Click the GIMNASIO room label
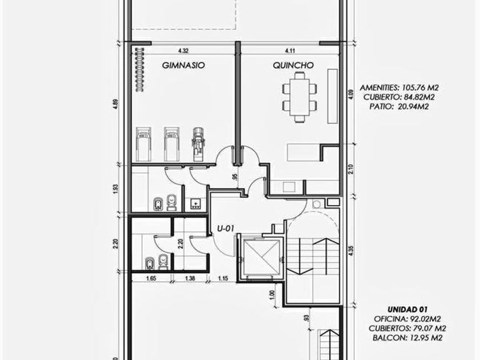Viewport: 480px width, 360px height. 183,65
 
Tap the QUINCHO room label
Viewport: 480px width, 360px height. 293,65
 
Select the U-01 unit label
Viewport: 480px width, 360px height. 226,229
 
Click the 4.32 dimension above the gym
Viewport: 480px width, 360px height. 183,51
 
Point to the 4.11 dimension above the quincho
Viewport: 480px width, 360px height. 290,51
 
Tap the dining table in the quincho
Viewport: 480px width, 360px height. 299,97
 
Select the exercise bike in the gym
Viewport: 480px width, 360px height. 199,144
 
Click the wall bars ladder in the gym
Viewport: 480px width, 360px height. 140,70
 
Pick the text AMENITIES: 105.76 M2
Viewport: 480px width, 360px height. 399,88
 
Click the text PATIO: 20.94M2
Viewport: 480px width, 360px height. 399,106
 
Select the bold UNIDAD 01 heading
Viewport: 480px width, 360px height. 407,310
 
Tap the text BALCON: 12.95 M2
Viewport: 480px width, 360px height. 407,338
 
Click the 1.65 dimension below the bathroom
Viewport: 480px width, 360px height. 151,279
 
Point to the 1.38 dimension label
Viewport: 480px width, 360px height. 190,279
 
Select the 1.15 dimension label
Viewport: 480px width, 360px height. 223,279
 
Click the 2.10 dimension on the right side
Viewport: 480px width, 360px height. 351,169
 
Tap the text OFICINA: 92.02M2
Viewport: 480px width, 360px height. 407,319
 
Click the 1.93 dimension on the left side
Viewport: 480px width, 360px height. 115,189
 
